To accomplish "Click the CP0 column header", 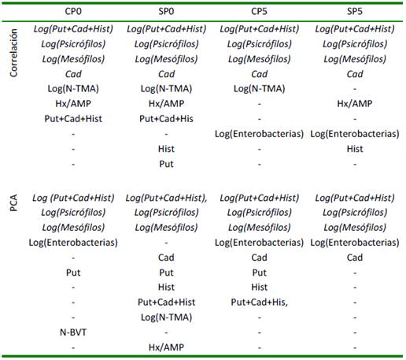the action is coord(73,11).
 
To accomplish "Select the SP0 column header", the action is coord(166,11).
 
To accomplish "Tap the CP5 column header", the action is coord(259,11).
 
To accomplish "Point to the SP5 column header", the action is coord(355,11).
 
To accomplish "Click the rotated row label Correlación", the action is coord(13,53).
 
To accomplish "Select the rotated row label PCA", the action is coord(13,202).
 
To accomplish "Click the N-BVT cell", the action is coord(73,332).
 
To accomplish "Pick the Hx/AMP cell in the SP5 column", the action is coord(355,103).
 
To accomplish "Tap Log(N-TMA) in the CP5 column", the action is coord(259,89).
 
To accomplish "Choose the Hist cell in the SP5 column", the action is coord(355,149).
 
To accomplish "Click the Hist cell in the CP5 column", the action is coord(259,287).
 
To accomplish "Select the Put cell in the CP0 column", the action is coord(73,273).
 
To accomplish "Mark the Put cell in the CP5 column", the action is coord(259,273).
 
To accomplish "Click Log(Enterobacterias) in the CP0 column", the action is coord(73,243).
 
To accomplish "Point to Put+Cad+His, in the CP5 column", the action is coord(259,302).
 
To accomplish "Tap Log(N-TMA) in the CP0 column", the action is coord(73,89).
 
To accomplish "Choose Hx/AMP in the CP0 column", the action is coord(73,103).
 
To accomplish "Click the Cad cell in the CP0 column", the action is coord(73,74).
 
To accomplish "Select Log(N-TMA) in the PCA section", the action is coord(166,317).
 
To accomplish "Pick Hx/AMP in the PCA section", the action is coord(166,347).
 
